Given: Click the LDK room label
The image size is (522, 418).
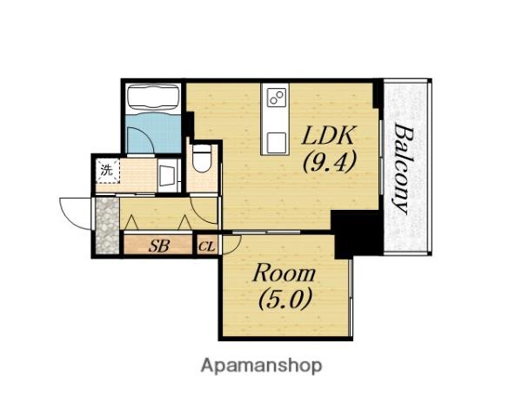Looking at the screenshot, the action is click(x=328, y=135).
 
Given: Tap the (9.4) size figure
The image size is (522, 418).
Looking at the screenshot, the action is click(x=329, y=161).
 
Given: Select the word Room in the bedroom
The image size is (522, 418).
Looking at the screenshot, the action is click(x=284, y=273).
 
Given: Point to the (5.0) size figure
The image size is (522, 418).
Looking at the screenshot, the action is click(x=284, y=299).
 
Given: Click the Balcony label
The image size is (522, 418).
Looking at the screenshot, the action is click(x=404, y=168).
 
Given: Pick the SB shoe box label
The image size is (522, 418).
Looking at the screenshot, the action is click(x=159, y=246).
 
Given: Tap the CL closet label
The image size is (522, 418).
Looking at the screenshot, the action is click(x=207, y=247).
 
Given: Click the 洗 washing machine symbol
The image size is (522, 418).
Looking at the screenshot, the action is click(x=108, y=171).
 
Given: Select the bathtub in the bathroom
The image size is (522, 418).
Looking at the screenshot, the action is click(x=153, y=97).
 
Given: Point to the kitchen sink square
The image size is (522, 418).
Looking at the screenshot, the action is click(x=276, y=142).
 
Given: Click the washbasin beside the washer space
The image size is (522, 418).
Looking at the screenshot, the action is click(x=168, y=175).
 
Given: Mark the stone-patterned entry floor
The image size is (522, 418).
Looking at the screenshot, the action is click(x=107, y=226).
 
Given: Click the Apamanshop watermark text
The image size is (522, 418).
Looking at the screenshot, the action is click(x=261, y=366).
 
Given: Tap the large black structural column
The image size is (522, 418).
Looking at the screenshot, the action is click(x=357, y=233).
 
